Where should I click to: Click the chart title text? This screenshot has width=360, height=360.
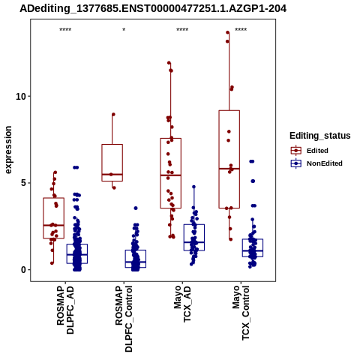click(x=153, y=9)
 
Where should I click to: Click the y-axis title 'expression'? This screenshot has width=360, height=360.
click(x=8, y=150)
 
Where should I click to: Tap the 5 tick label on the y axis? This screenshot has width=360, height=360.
click(x=24, y=183)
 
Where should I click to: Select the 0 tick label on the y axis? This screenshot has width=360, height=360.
click(x=24, y=270)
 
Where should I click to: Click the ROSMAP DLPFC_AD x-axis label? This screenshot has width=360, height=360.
click(x=65, y=310)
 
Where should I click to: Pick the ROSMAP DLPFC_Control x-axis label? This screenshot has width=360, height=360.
click(x=124, y=319)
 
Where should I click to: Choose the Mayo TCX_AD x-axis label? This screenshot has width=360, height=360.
click(x=182, y=304)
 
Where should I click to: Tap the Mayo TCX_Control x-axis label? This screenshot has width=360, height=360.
click(x=241, y=313)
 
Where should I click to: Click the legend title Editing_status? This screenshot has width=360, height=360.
click(x=320, y=136)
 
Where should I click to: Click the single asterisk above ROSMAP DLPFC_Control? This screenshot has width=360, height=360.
click(x=124, y=30)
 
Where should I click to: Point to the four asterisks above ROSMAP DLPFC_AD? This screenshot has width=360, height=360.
click(x=65, y=30)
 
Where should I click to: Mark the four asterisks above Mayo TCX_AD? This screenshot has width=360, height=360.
click(x=182, y=30)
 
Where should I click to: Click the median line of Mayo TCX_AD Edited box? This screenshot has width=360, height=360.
click(x=171, y=175)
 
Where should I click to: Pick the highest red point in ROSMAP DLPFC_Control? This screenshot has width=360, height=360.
click(x=113, y=115)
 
